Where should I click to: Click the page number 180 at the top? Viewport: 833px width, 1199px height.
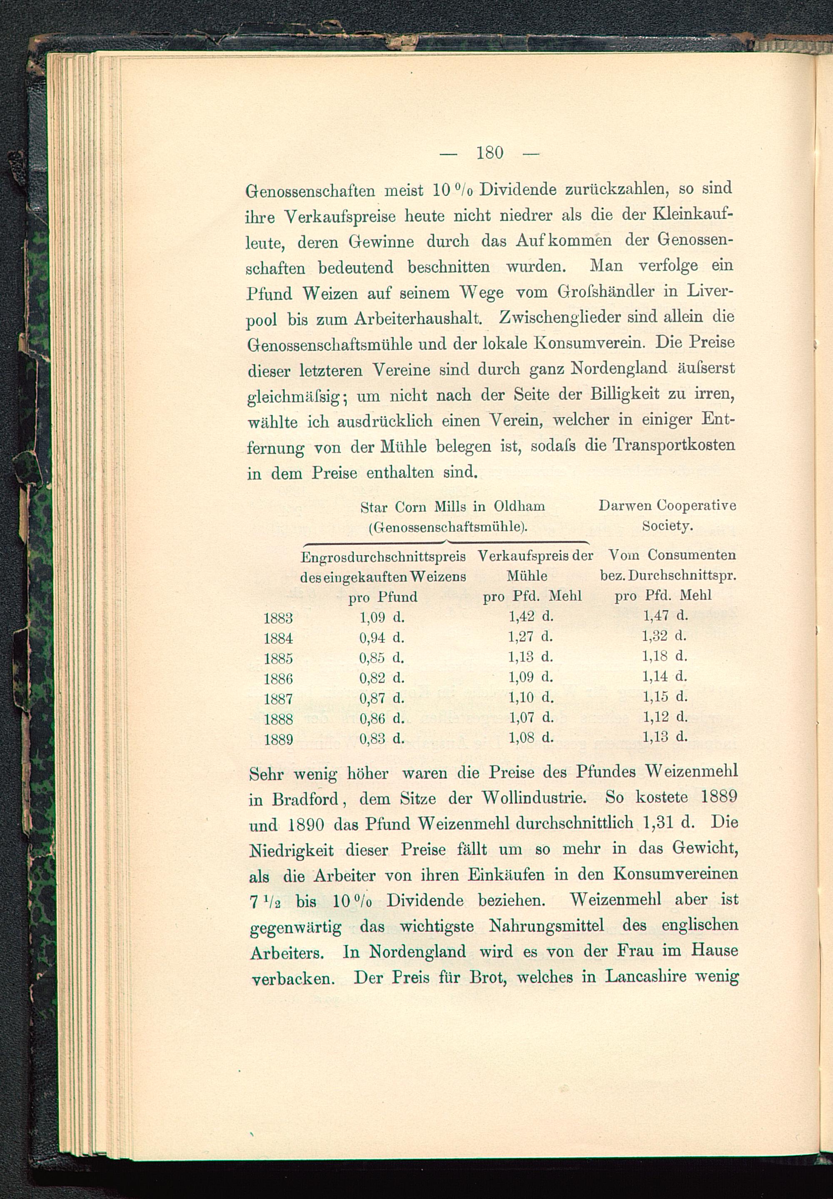coord(489,152)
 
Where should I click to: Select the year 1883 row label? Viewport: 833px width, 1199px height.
coord(278,618)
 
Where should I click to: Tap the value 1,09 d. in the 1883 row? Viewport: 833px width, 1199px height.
coord(382,617)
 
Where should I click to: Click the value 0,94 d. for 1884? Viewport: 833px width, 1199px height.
coord(382,637)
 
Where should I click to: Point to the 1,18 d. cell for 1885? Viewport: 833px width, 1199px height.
coord(664,656)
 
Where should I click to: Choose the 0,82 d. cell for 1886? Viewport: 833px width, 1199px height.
coord(382,678)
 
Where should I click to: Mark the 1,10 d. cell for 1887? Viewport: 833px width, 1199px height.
coord(530,697)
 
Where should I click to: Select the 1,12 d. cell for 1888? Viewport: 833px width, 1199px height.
coord(665,717)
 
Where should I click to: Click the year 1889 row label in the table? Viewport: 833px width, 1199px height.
coord(278,740)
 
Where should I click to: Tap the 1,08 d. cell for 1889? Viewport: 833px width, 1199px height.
coord(530,737)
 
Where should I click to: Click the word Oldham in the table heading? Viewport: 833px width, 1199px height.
coord(519,507)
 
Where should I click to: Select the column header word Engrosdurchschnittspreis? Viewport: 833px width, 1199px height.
coord(383,557)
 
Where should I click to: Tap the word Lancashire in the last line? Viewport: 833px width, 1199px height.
coord(646,977)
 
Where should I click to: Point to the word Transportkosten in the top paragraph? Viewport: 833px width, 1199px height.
coord(673,445)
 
